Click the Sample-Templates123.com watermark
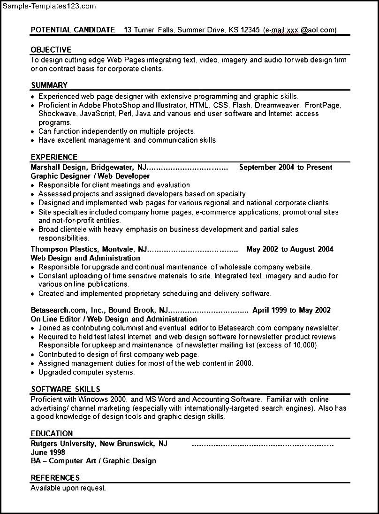coord(49,6)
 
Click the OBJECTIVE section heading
coord(51,50)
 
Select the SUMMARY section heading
coord(49,85)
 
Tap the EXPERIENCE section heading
coord(54,157)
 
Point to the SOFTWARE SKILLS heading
coord(65,389)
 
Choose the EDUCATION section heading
coord(52,434)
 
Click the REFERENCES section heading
coord(55,478)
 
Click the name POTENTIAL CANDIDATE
coord(73,30)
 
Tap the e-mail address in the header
coord(300,30)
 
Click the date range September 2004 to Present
coord(285,167)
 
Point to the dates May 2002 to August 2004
coord(289,249)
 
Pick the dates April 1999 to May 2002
coord(291,310)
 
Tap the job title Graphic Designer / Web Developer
coord(90,176)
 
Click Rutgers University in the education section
coord(63,444)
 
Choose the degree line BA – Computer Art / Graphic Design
coord(93,461)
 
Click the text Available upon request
coord(68,488)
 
